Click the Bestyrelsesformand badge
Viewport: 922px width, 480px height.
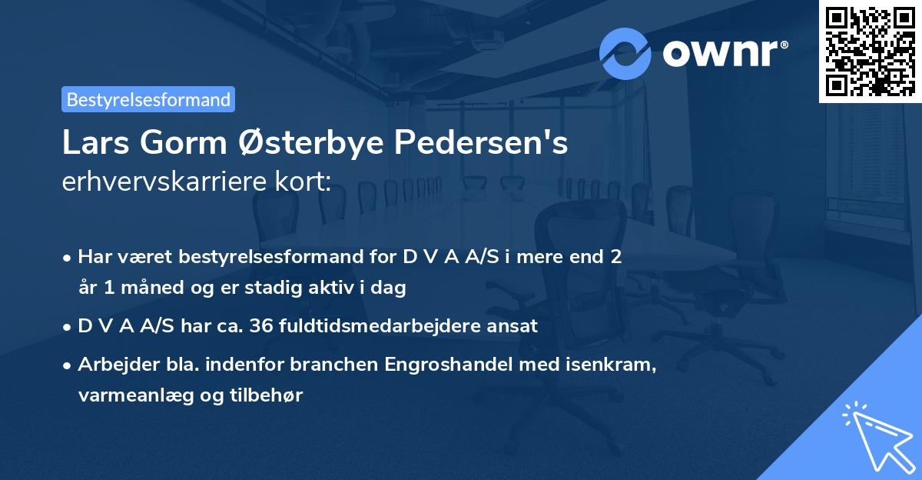(148, 99)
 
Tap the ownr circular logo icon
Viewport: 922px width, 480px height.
(625, 53)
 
